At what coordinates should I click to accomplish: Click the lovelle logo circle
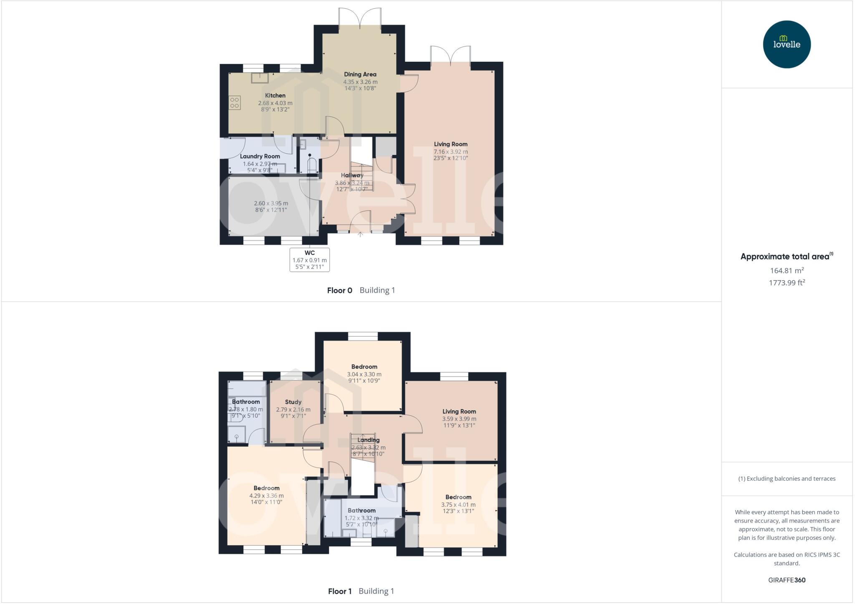[x=787, y=44]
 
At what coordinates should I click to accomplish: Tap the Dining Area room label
[x=360, y=74]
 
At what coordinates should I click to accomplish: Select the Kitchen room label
[x=275, y=96]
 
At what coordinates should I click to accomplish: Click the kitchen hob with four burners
[x=235, y=103]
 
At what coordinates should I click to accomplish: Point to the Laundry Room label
[x=260, y=157]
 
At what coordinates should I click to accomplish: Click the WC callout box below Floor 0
[x=309, y=260]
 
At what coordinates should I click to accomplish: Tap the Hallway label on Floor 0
[x=352, y=175]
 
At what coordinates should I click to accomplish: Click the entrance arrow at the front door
[x=360, y=234]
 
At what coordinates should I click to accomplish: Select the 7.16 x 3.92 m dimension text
[x=450, y=152]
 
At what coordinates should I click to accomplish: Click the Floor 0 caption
[x=340, y=291]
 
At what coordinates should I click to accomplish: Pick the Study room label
[x=293, y=402]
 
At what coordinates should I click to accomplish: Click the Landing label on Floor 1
[x=368, y=440]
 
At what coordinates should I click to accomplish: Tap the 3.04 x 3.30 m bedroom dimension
[x=364, y=374]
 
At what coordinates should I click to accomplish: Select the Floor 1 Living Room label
[x=459, y=412]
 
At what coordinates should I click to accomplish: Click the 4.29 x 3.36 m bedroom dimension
[x=266, y=496]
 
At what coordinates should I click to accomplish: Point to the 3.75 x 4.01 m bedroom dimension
[x=458, y=505]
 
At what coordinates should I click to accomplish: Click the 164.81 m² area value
[x=787, y=270]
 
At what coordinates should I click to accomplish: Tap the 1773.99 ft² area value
[x=787, y=283]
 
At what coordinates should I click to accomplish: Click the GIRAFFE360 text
[x=787, y=580]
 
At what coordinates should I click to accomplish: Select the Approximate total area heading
[x=785, y=257]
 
